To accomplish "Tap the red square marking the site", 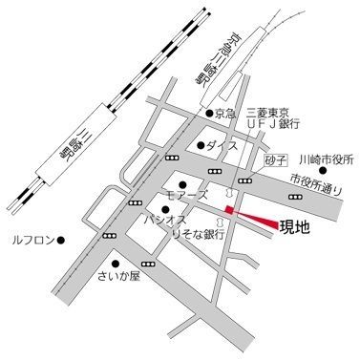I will pos(229,209).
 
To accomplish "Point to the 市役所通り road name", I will pos(316,182).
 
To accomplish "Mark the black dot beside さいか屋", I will pos(114,264).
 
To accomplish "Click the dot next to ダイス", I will pos(201,145).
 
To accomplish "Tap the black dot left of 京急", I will pos(209,113).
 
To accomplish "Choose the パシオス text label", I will pos(157,219).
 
